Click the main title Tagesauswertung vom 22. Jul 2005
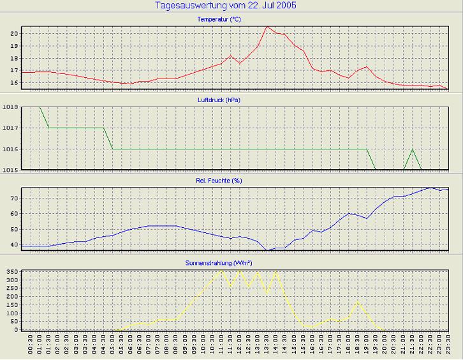[226, 6]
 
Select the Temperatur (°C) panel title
[219, 20]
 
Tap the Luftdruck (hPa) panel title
[219, 100]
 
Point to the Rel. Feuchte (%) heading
[219, 181]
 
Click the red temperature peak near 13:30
[267, 27]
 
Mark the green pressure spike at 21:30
[413, 149]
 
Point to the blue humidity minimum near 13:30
[267, 250]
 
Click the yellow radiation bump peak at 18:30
[358, 301]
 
